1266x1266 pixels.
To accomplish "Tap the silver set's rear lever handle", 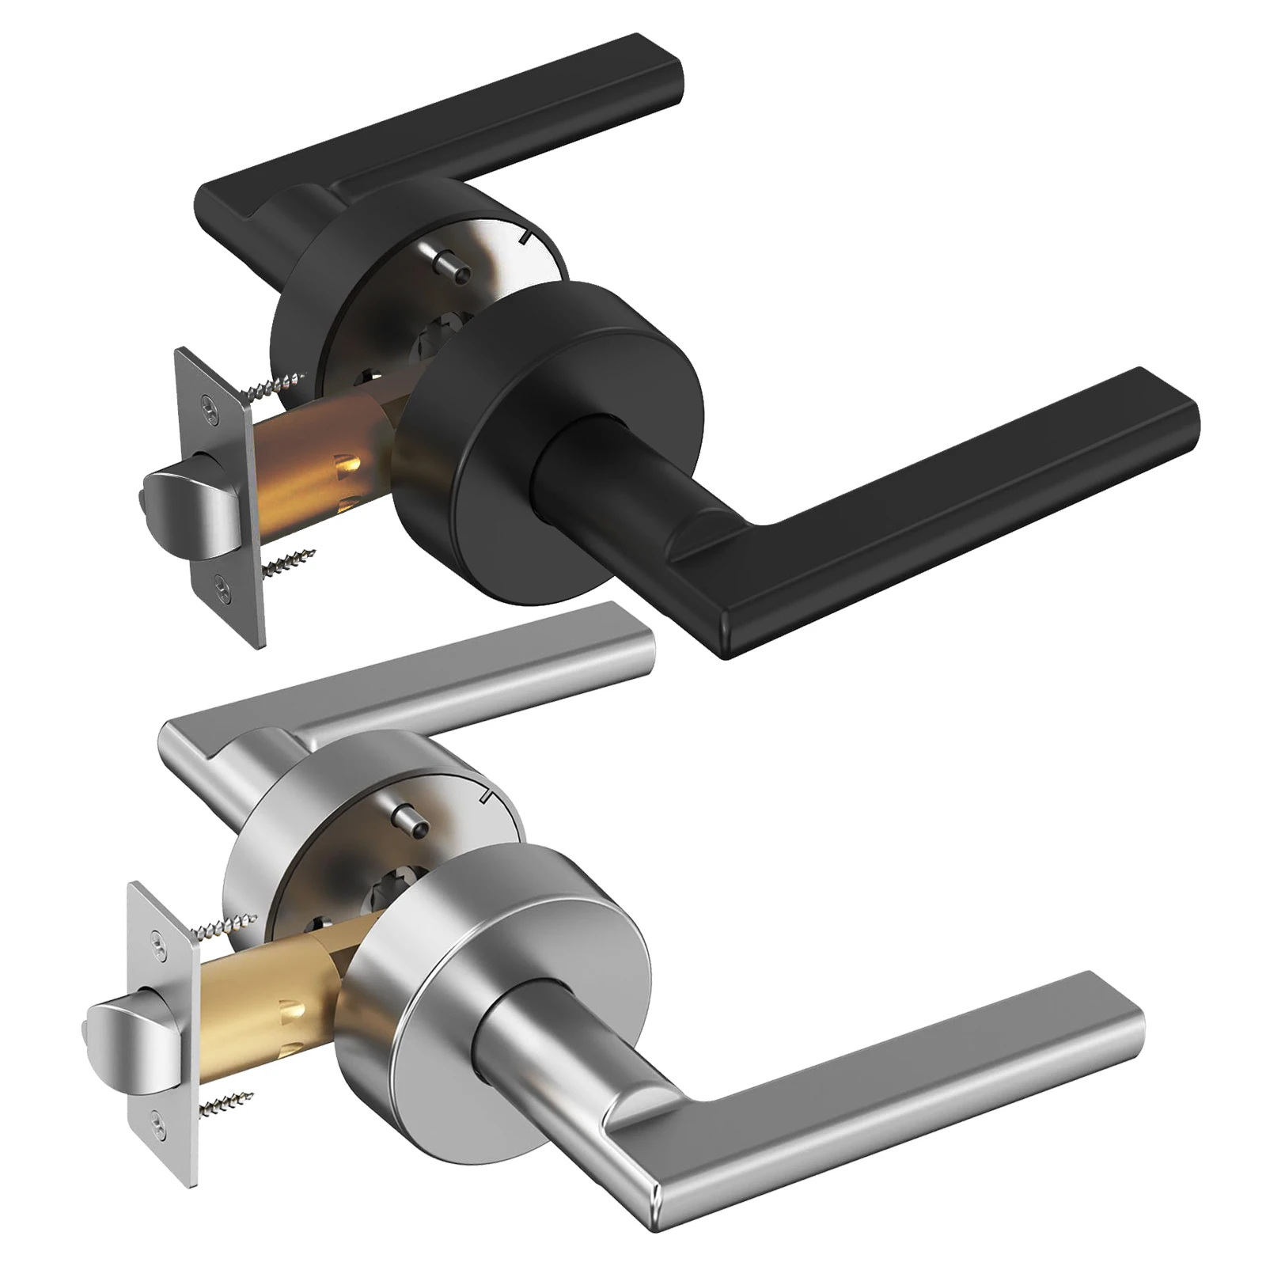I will click(443, 688).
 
